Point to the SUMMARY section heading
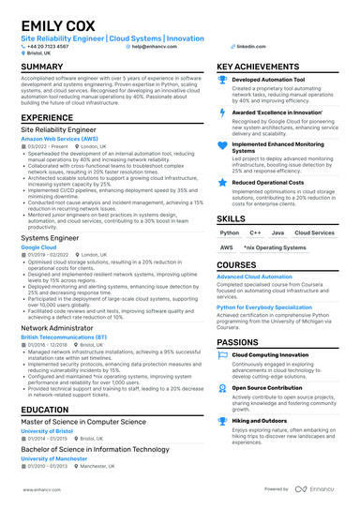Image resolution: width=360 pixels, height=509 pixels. pos(42,67)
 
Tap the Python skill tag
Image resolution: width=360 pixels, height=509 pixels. pos(229,232)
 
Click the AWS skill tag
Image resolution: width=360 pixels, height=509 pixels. pos(226,247)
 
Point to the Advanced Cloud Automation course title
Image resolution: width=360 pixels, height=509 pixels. pos(254,277)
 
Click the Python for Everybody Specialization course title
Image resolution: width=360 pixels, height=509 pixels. pos(265,307)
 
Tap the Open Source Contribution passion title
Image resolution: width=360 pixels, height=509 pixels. pos(267,386)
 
